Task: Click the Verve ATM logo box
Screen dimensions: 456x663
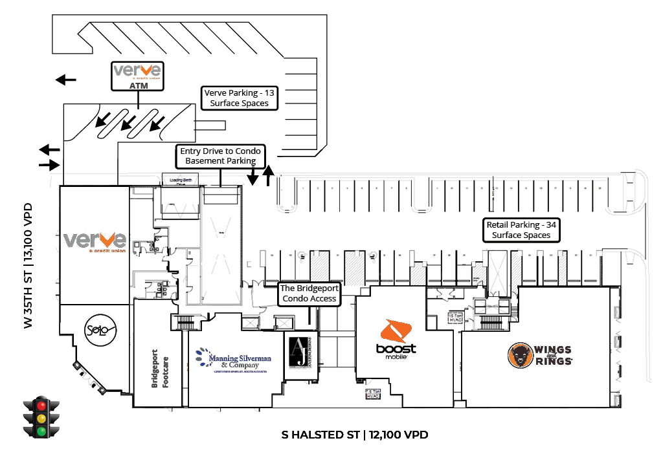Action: [137, 76]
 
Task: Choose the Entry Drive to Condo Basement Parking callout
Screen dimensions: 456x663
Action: [220, 156]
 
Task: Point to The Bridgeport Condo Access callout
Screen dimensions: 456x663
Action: [309, 294]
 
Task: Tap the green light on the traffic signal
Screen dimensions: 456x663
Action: [42, 431]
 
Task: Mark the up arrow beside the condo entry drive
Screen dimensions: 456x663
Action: [269, 175]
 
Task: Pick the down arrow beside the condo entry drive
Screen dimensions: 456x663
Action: [253, 174]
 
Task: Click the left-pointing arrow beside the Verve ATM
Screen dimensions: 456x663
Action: [65, 80]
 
